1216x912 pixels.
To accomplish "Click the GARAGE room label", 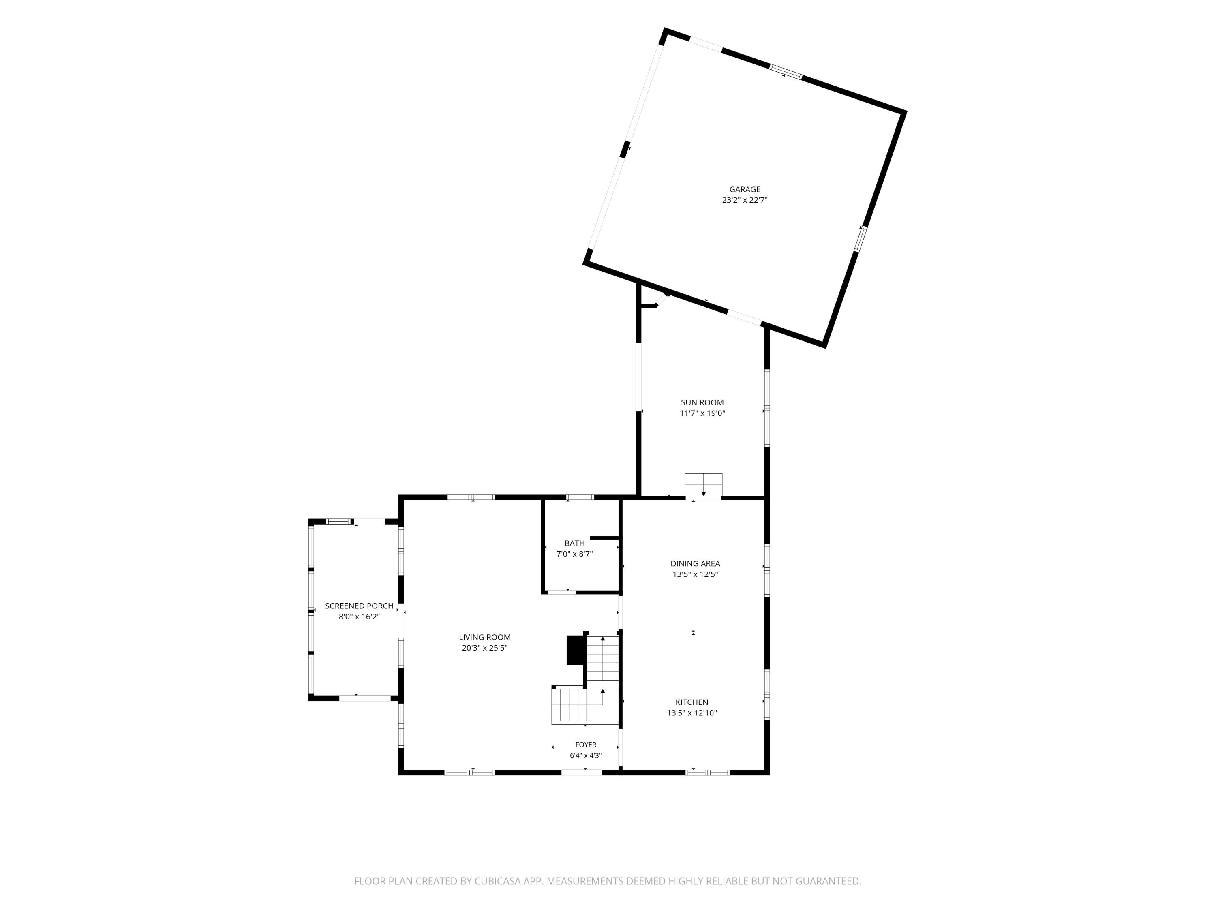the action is point(745,190).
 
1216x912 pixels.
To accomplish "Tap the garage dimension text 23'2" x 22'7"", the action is point(745,201).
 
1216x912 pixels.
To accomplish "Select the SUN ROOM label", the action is point(702,402).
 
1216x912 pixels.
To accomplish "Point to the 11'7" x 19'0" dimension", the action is point(702,413).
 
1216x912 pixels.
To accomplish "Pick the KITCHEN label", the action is point(691,702).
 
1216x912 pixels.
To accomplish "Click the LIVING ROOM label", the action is point(485,637).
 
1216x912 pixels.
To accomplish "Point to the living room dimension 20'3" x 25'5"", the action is point(485,648).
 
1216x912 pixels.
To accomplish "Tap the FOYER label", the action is point(586,745).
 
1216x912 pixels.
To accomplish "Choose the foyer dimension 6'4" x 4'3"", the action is point(586,755).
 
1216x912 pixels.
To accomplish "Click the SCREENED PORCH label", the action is point(359,606).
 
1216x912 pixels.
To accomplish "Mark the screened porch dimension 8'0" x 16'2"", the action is point(359,617).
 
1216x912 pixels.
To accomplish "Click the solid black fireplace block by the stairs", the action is point(575,650).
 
